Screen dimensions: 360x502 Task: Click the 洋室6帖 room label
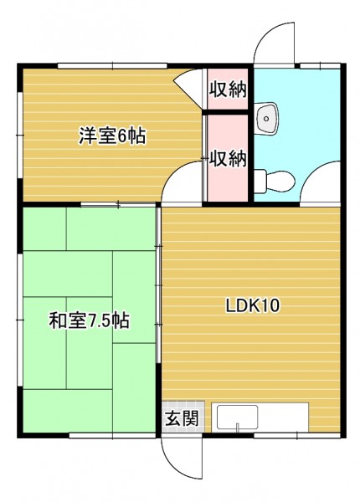point(112,136)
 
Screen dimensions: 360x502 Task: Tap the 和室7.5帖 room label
point(90,320)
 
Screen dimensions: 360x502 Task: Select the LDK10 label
point(253,305)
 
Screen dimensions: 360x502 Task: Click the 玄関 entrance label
point(182,417)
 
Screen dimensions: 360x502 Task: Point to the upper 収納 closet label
point(228,90)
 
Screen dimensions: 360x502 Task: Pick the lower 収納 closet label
point(228,158)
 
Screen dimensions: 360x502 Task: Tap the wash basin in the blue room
point(266,118)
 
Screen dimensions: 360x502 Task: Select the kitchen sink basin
point(237,417)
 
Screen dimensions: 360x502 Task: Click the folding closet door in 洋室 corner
point(189,87)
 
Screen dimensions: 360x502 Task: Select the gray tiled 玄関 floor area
point(183,417)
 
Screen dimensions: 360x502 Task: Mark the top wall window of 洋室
point(112,66)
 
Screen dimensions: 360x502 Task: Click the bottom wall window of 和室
point(112,435)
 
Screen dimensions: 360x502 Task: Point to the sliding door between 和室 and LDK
point(158,285)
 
